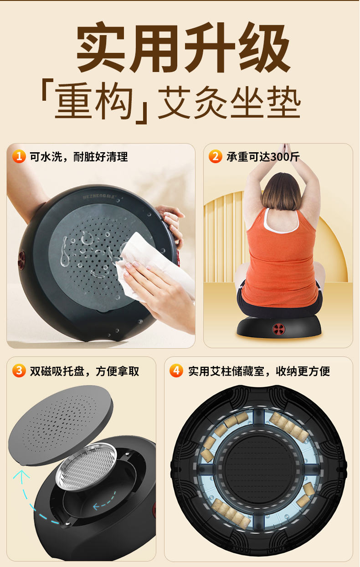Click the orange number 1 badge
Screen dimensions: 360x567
click(x=19, y=156)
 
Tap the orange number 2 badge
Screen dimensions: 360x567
click(x=215, y=156)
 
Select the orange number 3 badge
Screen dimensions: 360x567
click(x=19, y=371)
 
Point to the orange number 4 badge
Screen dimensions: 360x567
click(x=176, y=371)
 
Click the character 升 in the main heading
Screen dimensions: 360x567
click(x=210, y=47)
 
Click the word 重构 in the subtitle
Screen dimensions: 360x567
click(x=94, y=101)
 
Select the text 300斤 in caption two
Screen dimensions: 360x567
click(x=285, y=157)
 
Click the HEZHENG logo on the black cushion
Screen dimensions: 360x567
click(x=99, y=196)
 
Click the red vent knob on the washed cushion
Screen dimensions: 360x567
click(x=22, y=260)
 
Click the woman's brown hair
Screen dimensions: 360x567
click(x=281, y=191)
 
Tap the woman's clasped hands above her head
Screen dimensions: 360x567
click(x=286, y=149)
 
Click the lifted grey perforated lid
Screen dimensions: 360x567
click(x=61, y=425)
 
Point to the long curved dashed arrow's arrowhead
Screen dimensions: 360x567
click(x=21, y=475)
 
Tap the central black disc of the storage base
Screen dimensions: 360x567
click(x=258, y=468)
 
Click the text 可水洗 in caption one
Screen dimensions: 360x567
click(x=46, y=157)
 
